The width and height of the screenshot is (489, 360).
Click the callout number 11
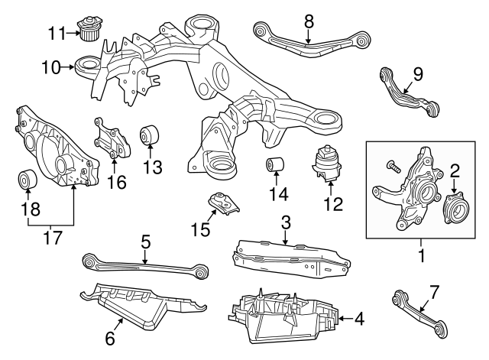(x=57, y=33)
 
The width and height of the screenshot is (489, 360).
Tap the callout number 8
(x=309, y=21)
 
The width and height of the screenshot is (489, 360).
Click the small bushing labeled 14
(x=274, y=165)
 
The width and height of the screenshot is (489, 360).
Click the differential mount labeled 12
(x=327, y=164)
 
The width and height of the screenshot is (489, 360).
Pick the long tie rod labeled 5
(x=145, y=264)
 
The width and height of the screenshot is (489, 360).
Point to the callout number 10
(x=50, y=67)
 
